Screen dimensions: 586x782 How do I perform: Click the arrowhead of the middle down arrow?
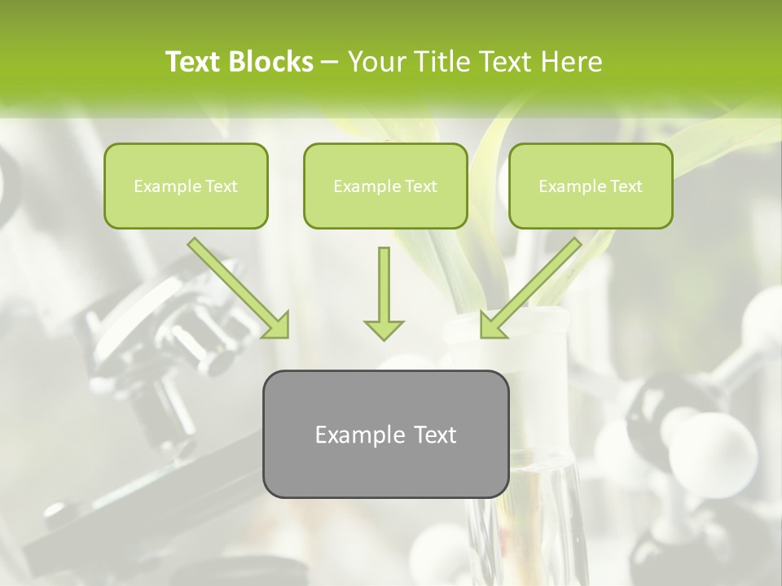pos(384,329)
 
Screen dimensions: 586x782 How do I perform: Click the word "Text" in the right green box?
pos(626,186)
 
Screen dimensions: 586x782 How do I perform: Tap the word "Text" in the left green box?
pos(221,186)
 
